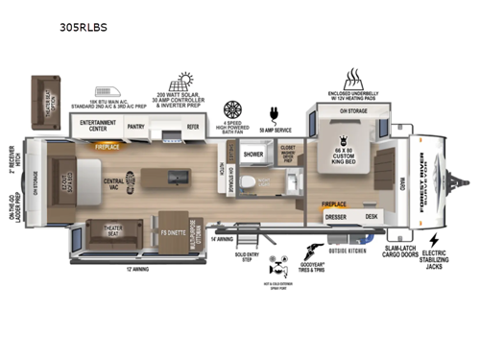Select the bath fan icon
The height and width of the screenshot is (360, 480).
(232, 109)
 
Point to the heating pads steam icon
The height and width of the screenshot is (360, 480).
(352, 78)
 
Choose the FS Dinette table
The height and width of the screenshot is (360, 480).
(171, 232)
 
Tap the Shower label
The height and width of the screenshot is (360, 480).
(252, 153)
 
